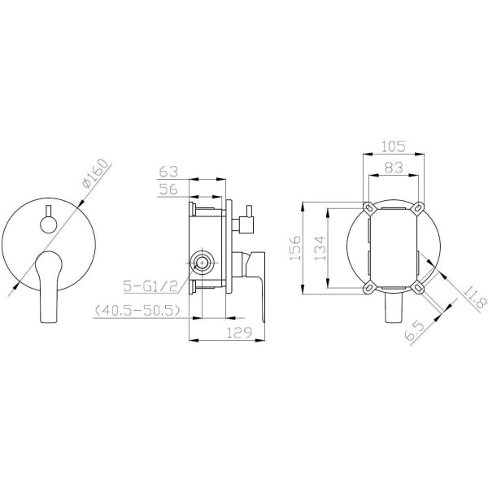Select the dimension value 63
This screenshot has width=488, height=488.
click(x=168, y=172)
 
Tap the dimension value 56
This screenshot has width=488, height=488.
click(x=168, y=189)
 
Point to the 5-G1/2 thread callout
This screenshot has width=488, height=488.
click(x=146, y=286)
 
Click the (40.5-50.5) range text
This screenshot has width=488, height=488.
click(x=136, y=310)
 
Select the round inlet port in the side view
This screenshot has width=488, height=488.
click(x=201, y=262)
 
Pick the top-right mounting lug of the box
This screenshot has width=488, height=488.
click(x=420, y=206)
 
